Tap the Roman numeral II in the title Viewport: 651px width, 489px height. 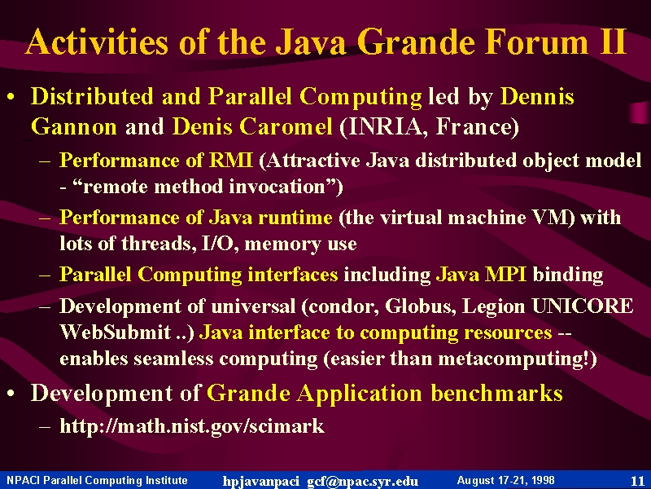point(613,42)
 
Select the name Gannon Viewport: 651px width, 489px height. point(74,126)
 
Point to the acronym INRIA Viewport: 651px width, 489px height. point(385,126)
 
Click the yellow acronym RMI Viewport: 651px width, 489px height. point(231,160)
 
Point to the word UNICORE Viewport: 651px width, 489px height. point(583,306)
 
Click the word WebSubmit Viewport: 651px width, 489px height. point(116,333)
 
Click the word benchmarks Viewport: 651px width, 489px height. point(496,393)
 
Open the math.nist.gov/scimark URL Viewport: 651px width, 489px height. point(192,425)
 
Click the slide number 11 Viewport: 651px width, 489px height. point(637,481)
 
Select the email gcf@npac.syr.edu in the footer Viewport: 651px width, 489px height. point(362,481)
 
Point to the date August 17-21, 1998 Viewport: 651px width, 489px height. point(505,480)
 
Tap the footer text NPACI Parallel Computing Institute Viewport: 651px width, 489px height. point(97,480)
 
